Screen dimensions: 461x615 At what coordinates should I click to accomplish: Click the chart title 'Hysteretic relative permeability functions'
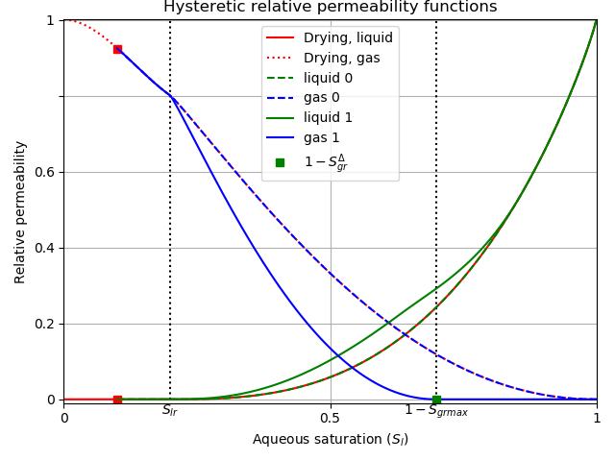click(x=330, y=8)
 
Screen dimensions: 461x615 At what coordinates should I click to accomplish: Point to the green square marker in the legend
click(x=280, y=162)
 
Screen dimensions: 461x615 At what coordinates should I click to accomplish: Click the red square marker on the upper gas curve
click(x=117, y=49)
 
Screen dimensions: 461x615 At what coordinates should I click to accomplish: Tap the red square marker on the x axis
click(x=117, y=400)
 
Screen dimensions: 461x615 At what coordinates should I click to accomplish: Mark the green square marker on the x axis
click(x=436, y=400)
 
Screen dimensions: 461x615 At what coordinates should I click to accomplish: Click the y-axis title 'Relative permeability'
click(x=21, y=211)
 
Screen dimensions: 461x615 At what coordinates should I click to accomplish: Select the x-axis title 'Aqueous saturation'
click(x=330, y=440)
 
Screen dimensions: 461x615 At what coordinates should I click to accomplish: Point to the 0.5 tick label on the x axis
click(x=330, y=418)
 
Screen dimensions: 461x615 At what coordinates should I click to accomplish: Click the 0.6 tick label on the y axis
click(x=44, y=172)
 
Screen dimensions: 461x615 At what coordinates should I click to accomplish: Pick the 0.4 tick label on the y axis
click(x=44, y=248)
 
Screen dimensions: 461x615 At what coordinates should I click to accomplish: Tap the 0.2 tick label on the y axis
click(x=44, y=324)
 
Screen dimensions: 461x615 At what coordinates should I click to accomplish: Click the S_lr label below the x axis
click(x=170, y=411)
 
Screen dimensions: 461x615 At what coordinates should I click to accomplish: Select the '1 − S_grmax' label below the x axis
click(x=436, y=411)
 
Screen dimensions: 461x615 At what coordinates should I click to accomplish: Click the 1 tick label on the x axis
click(x=597, y=418)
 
